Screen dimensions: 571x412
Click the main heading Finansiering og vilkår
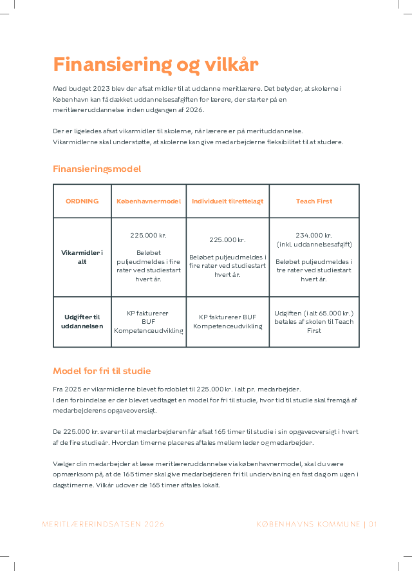coord(155,65)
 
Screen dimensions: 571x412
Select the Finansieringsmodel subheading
coord(97,169)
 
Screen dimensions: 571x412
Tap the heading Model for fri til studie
coord(102,371)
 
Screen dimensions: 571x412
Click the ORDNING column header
coord(82,201)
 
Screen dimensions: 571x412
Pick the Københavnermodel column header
coord(149,201)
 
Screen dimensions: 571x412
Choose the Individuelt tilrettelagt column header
coord(227,201)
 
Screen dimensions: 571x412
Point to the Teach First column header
coord(314,201)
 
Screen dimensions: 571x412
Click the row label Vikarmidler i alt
coord(82,257)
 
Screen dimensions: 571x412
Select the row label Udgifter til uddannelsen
coord(82,322)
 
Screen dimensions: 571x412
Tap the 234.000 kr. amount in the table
coord(314,236)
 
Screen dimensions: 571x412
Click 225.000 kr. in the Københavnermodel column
coord(149,236)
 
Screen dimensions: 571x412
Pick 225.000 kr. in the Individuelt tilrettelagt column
coord(227,240)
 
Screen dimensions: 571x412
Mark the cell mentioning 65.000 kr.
coord(314,322)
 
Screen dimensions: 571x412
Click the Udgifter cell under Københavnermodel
coord(149,322)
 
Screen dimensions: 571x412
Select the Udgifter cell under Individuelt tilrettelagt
coord(227,322)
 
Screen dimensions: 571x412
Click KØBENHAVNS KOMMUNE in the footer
coord(308,524)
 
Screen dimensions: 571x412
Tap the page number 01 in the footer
coord(373,524)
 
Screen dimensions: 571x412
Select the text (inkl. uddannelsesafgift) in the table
coord(314,245)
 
